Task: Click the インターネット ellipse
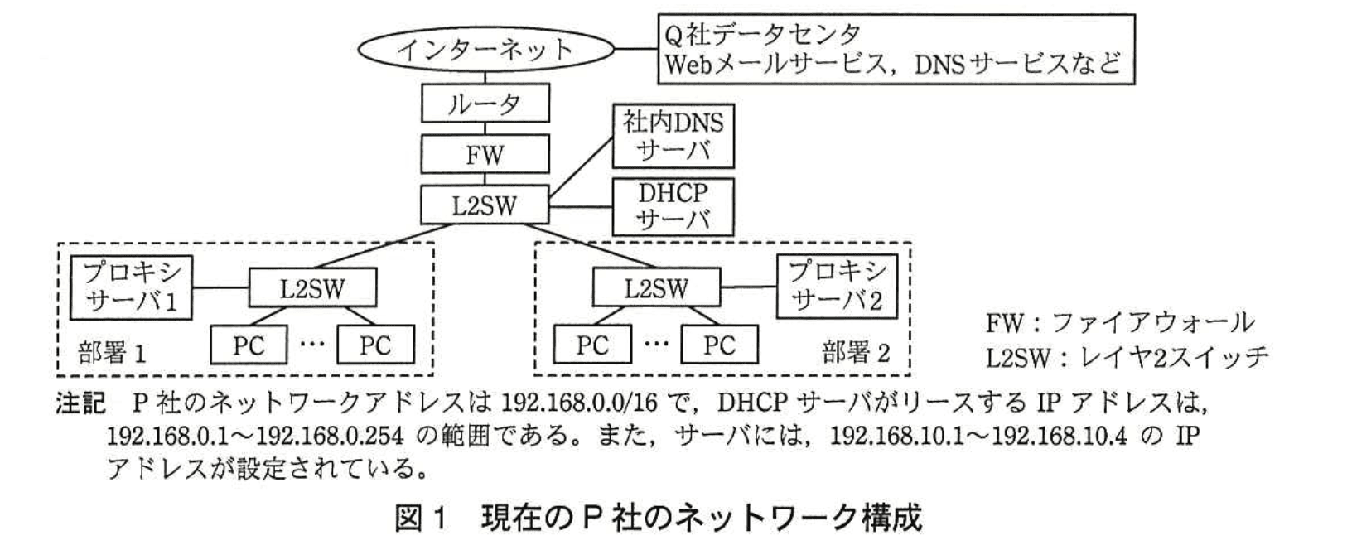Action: click(x=485, y=50)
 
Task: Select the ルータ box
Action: click(x=485, y=104)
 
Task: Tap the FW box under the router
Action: click(x=485, y=154)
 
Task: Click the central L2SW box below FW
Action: click(x=485, y=205)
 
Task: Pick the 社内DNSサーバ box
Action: click(x=673, y=137)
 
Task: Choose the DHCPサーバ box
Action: click(x=673, y=205)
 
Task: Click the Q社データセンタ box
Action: click(x=896, y=49)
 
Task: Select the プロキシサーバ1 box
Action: click(x=131, y=287)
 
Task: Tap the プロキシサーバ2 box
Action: click(x=837, y=287)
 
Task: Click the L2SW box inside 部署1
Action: click(x=312, y=288)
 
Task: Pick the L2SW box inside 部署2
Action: click(x=656, y=288)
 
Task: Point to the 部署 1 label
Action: click(x=112, y=353)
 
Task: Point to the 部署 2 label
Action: click(x=856, y=353)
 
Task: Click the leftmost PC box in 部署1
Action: click(x=248, y=345)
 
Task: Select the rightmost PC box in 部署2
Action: click(x=719, y=345)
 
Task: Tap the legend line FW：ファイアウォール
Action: click(x=1119, y=321)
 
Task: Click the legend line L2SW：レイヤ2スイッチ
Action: click(x=1127, y=356)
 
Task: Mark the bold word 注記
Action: click(x=80, y=403)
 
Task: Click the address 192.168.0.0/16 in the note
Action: click(x=579, y=403)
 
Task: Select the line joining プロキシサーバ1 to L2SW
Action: click(x=220, y=288)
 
